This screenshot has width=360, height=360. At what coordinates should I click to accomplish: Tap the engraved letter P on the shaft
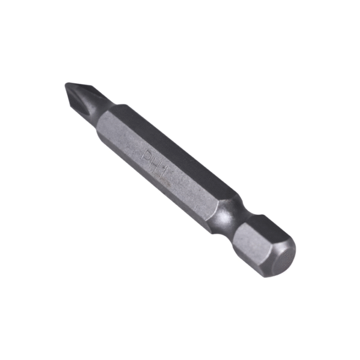pyautogui.click(x=148, y=155)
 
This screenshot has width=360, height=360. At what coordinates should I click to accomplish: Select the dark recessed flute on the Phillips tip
pyautogui.click(x=84, y=96)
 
